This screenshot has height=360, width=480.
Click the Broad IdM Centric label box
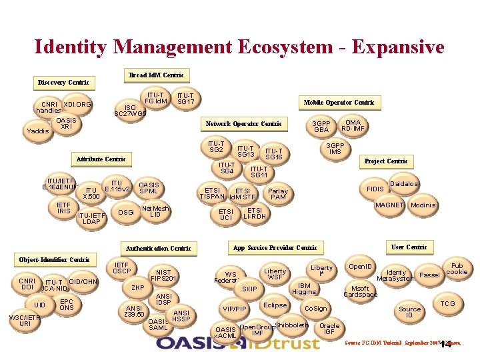click(155, 75)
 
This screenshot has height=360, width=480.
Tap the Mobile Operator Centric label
click(339, 103)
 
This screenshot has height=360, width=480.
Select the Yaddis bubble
click(37, 131)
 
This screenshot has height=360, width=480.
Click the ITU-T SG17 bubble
click(185, 99)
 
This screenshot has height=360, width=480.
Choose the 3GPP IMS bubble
click(335, 149)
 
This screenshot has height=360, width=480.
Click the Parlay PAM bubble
click(278, 194)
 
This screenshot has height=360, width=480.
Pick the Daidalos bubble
click(404, 183)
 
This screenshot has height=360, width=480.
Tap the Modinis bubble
click(423, 205)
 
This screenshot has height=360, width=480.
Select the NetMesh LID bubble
click(155, 211)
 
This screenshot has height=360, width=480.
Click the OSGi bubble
click(125, 213)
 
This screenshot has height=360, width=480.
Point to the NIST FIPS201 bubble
click(163, 275)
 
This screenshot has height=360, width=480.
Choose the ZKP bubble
click(138, 288)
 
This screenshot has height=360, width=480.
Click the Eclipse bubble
click(275, 305)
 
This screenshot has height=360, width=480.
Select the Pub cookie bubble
click(457, 269)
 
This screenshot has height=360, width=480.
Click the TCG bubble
click(448, 304)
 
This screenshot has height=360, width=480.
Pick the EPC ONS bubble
click(67, 304)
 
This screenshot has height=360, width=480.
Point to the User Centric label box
click(409, 247)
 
